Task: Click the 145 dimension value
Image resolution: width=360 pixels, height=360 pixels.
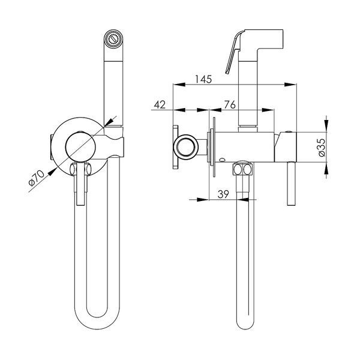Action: (x=203, y=79)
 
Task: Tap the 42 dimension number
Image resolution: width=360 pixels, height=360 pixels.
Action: (x=160, y=105)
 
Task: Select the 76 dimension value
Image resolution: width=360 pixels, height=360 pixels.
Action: (x=230, y=105)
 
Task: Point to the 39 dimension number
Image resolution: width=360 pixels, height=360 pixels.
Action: (x=223, y=194)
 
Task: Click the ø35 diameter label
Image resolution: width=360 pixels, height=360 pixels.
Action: (x=322, y=148)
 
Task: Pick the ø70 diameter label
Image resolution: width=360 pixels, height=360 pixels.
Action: (x=36, y=178)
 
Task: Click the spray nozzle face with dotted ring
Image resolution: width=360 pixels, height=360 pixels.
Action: (x=113, y=39)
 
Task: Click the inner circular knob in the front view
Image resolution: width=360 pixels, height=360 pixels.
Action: (x=80, y=146)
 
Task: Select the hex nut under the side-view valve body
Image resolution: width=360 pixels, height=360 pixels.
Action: (x=242, y=169)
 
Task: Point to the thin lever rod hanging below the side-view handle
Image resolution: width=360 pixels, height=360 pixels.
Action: (x=291, y=184)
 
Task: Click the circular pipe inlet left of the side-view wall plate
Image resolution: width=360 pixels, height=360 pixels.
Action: (x=186, y=147)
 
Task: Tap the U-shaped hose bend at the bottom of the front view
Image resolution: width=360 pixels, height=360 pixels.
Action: (x=97, y=318)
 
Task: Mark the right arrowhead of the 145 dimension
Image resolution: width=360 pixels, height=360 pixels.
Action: (x=290, y=85)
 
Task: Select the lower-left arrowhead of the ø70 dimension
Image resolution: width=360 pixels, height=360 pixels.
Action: (x=53, y=172)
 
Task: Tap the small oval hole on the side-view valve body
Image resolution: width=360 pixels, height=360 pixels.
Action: (x=222, y=160)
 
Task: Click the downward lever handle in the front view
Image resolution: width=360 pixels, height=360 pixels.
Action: (x=80, y=184)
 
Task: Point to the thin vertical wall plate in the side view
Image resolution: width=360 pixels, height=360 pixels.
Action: (x=214, y=147)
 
